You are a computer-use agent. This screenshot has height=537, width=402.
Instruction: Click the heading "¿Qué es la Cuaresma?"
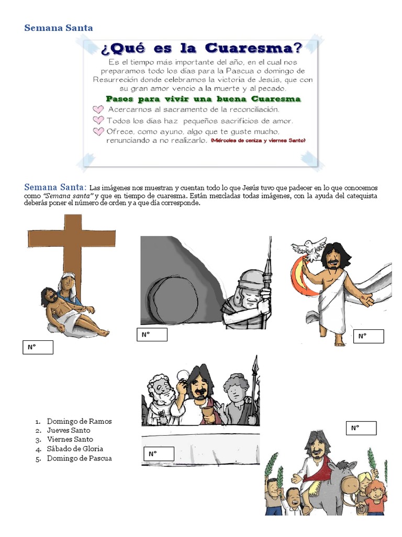coord(202,49)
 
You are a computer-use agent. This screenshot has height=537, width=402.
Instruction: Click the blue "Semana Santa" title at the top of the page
coord(59,28)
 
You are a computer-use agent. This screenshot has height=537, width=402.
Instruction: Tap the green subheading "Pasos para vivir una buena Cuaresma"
coord(203,99)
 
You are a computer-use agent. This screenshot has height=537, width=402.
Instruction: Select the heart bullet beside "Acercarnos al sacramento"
coord(98,110)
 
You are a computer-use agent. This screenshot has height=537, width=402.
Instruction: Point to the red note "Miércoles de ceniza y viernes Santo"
coord(258,141)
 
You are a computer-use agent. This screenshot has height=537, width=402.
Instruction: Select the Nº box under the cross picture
coord(38,347)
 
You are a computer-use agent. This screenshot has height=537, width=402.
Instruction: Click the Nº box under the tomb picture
coord(152,335)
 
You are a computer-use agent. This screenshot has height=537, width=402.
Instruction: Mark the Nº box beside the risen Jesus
coord(368,336)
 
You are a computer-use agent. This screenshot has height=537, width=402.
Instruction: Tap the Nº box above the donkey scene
coord(361,428)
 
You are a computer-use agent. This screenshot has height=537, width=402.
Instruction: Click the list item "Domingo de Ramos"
coord(79,421)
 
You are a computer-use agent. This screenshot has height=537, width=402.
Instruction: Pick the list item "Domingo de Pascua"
coord(79,458)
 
